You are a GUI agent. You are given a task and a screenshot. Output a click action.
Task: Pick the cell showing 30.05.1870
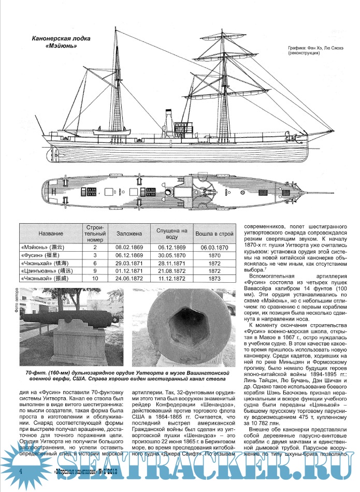[x=170, y=256]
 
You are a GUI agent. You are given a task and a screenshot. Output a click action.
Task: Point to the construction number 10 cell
[x=95, y=280]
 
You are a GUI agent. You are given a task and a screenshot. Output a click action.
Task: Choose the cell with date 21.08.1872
[x=170, y=272]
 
